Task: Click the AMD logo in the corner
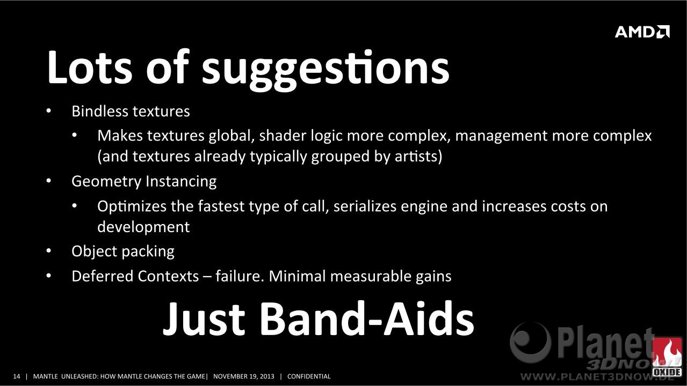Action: click(642, 32)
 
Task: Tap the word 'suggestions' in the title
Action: click(326, 69)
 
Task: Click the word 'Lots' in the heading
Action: click(90, 66)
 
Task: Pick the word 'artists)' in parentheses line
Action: click(418, 157)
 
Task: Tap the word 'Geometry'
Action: click(106, 182)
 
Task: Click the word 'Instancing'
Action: click(181, 182)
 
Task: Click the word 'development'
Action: click(143, 227)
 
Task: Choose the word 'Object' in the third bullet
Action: click(95, 251)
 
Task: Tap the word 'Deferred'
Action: click(103, 276)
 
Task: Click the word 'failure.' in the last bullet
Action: click(240, 276)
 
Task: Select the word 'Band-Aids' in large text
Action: click(367, 319)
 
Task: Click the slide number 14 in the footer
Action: click(17, 376)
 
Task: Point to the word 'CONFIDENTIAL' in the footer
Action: click(309, 376)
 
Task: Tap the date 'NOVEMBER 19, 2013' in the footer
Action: click(244, 376)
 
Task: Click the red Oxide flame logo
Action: click(667, 357)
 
